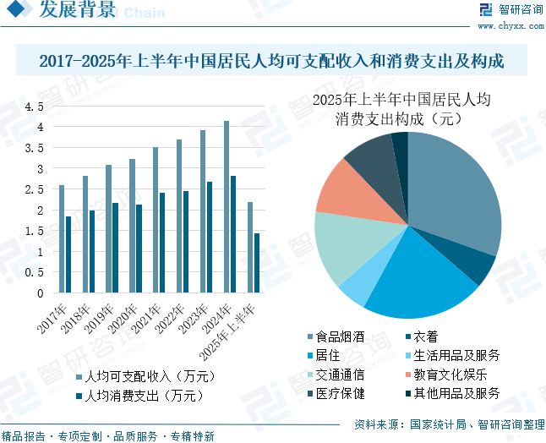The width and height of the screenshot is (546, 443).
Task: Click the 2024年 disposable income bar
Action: pyautogui.click(x=227, y=207)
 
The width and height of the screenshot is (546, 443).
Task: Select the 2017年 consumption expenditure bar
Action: pyautogui.click(x=68, y=255)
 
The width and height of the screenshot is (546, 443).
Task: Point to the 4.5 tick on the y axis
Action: pyautogui.click(x=34, y=107)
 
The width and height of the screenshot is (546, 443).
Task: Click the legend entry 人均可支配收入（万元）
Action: pyautogui.click(x=140, y=375)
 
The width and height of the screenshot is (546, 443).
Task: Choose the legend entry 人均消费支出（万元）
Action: pyautogui.click(x=140, y=395)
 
